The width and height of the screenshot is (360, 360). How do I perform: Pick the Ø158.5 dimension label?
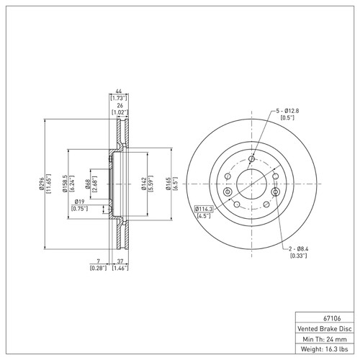click(64, 185)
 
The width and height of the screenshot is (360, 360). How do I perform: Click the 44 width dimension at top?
click(117, 90)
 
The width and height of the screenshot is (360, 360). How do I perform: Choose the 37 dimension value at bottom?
click(122, 261)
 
